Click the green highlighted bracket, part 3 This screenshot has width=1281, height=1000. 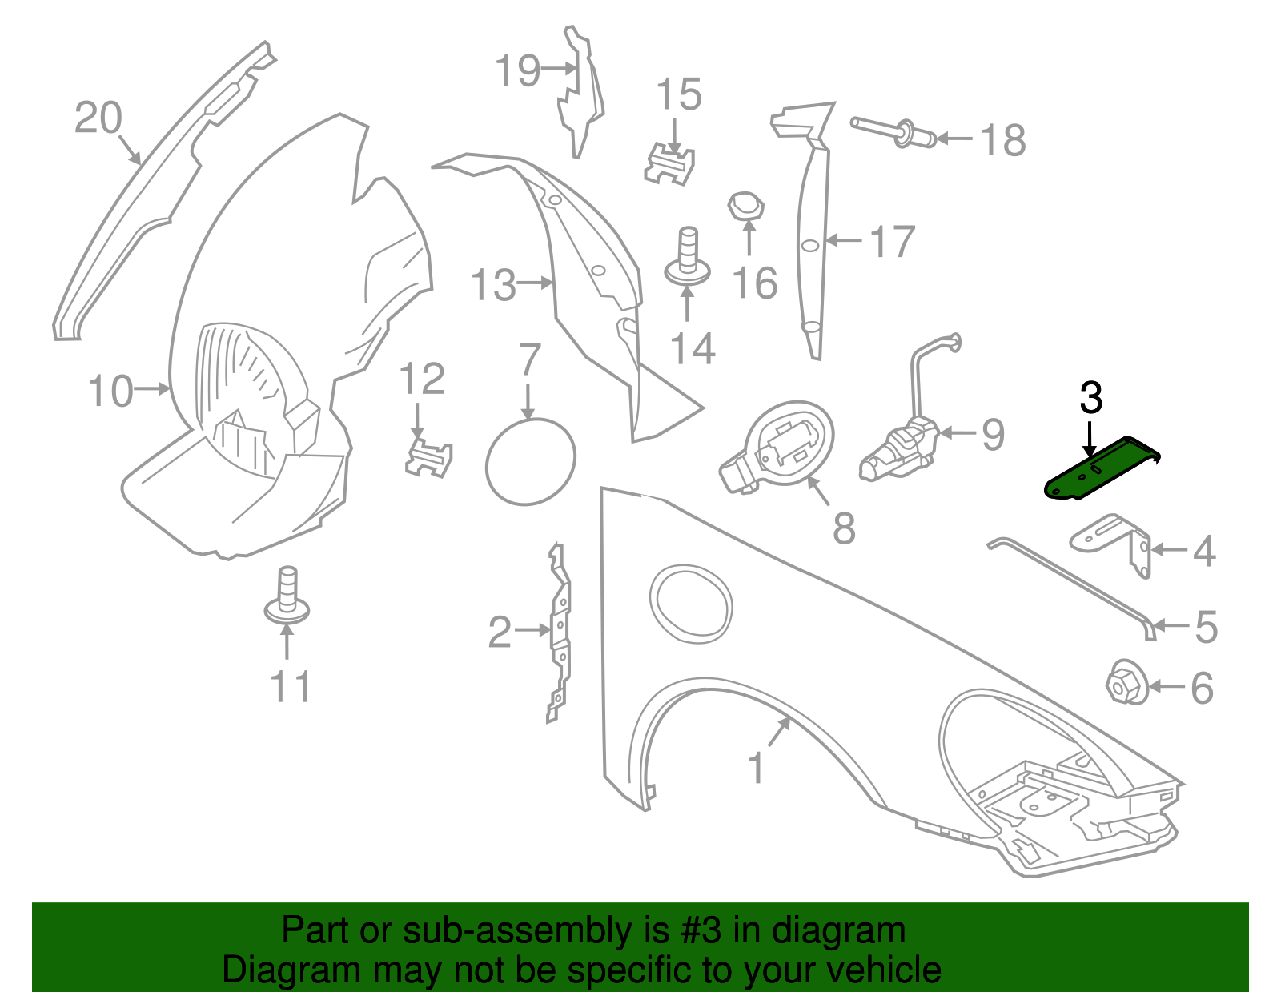[1101, 469]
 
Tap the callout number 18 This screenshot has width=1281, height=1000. [1002, 140]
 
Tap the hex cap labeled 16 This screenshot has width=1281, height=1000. [745, 207]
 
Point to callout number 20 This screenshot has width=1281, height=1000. [98, 117]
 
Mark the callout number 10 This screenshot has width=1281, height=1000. [110, 392]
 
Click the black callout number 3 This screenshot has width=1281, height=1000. [1090, 398]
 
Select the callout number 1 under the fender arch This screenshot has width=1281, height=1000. [756, 767]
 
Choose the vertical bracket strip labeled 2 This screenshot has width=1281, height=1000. [560, 633]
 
